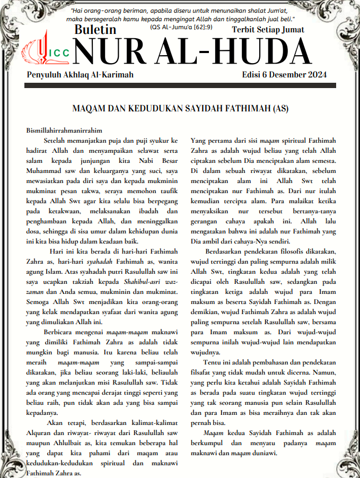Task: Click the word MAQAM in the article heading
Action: click(91, 110)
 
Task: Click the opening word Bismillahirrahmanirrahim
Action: click(64, 131)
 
